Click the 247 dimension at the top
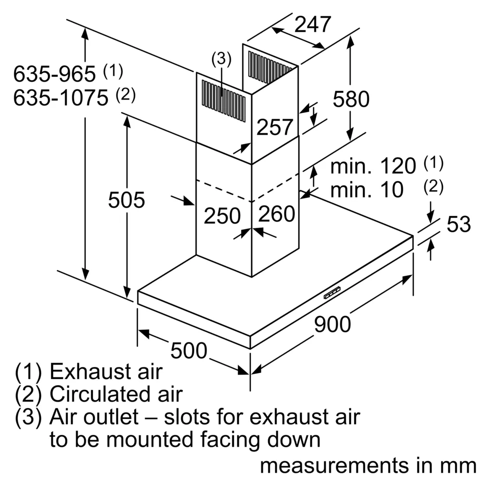tap(313, 24)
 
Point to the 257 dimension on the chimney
tap(274, 127)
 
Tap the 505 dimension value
tap(126, 200)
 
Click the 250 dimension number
tap(222, 216)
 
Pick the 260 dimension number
tap(276, 214)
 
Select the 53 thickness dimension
tap(459, 224)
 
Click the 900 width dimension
tap(332, 324)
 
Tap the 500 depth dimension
tap(189, 351)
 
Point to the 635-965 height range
tap(54, 74)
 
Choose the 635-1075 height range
tap(61, 98)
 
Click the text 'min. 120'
tap(373, 166)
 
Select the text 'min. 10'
tap(367, 190)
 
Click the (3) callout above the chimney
tap(221, 59)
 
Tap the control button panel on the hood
tap(332, 293)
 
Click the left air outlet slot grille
tap(223, 101)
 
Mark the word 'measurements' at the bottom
tap(334, 466)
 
